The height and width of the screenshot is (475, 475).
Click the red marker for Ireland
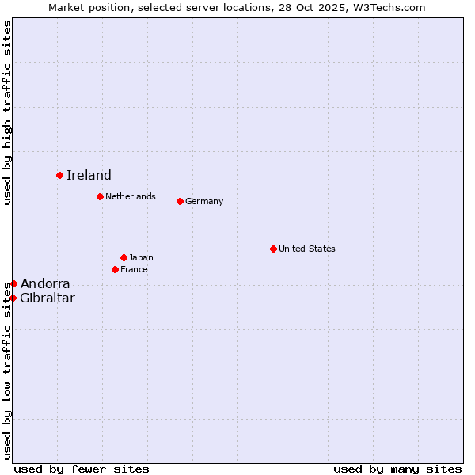click(x=59, y=175)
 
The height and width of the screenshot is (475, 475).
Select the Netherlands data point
click(x=100, y=196)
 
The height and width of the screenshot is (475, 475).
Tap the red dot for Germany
click(x=180, y=201)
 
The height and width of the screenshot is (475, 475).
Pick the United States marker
click(x=273, y=249)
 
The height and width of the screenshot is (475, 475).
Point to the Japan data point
click(x=123, y=257)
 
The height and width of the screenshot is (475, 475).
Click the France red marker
click(x=115, y=269)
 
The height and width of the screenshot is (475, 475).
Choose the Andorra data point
click(x=13, y=283)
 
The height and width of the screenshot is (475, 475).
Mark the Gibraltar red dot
click(x=13, y=298)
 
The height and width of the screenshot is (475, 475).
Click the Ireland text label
click(x=89, y=176)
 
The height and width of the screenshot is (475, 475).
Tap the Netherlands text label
click(x=131, y=196)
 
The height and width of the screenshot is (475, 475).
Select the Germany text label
click(x=204, y=201)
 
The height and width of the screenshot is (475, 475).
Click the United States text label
click(x=307, y=249)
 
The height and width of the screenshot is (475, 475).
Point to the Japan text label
click(x=141, y=257)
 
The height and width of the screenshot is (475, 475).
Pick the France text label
click(x=134, y=269)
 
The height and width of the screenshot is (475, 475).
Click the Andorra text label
click(x=45, y=283)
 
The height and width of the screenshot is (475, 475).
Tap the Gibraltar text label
click(x=47, y=298)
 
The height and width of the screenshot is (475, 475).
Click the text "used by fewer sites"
click(x=82, y=469)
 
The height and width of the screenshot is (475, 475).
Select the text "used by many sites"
click(x=397, y=469)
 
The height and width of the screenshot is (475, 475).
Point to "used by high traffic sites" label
click(x=7, y=113)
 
